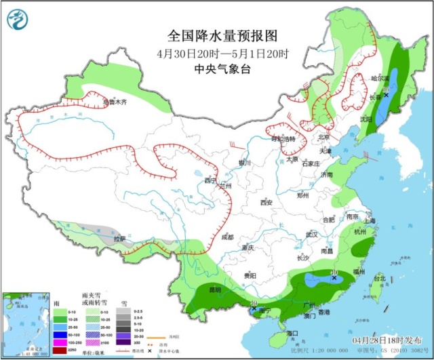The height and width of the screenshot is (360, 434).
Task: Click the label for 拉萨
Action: point(120,239)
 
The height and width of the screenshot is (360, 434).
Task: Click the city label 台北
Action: point(380,278)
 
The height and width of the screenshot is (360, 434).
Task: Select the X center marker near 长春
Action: point(386,96)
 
